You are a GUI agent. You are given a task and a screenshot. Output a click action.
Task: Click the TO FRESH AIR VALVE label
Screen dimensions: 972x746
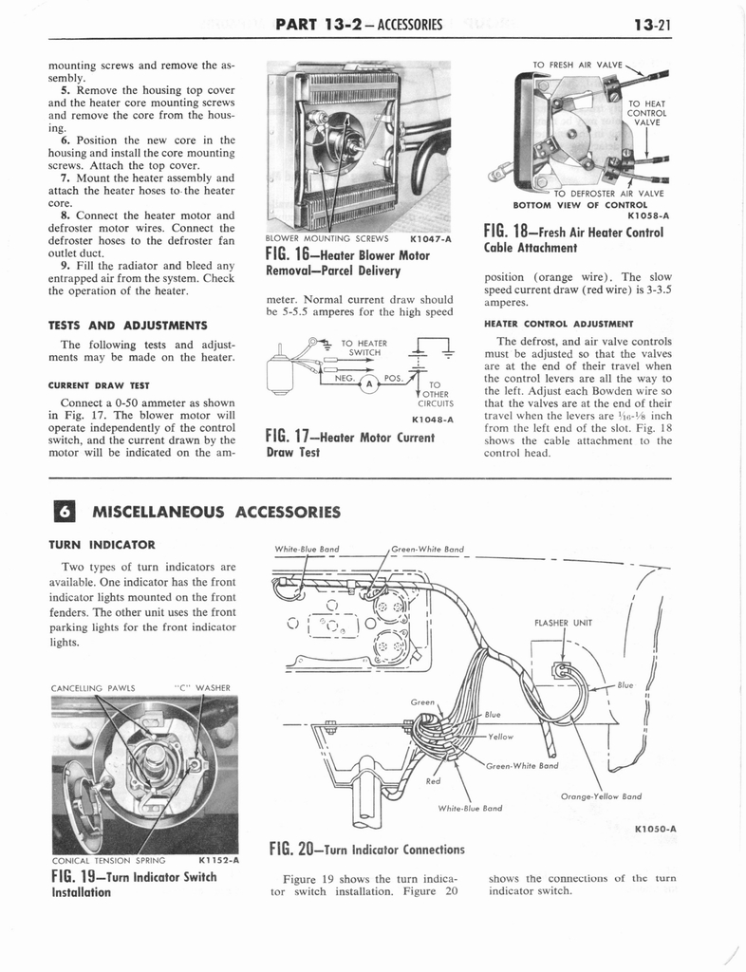point(577,65)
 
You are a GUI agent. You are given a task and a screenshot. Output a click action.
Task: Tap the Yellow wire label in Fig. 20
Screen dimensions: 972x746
point(500,735)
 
